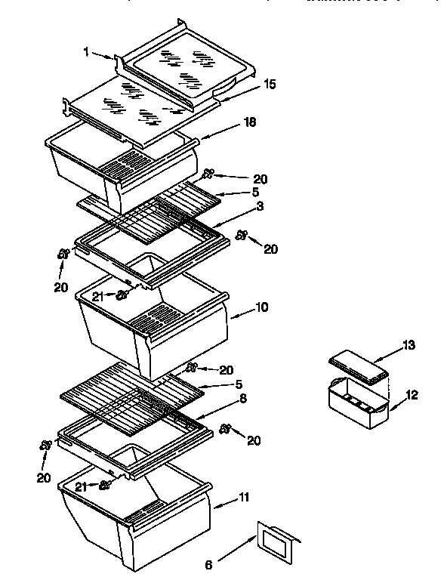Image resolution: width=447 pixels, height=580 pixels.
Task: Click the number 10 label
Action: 261,307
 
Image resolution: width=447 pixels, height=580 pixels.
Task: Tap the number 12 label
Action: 412,394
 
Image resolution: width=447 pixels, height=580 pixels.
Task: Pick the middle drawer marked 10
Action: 151,325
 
